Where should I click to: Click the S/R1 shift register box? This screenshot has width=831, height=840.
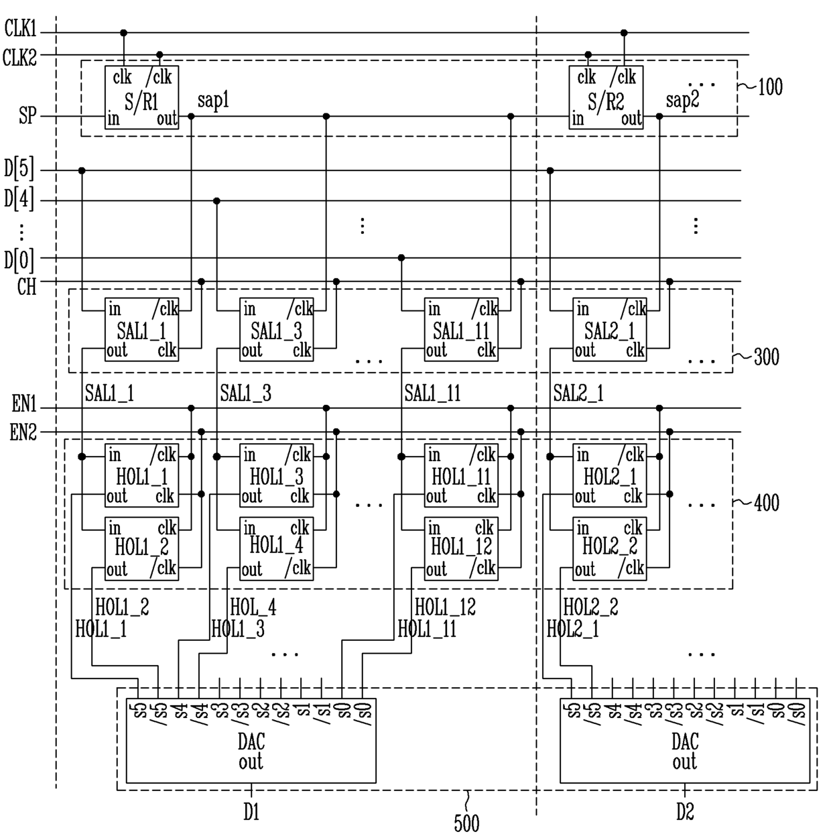coord(141,97)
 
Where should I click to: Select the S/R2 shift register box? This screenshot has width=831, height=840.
coord(606,97)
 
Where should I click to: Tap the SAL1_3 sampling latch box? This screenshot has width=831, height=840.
coord(276,330)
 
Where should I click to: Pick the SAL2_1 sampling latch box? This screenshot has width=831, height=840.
coord(609,330)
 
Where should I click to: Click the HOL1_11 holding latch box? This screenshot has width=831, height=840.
coord(461,475)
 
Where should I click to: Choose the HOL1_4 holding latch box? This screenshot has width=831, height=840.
coord(276,549)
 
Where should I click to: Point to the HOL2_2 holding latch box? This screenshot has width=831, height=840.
coord(609,549)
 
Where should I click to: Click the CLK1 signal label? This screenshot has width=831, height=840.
coord(20,29)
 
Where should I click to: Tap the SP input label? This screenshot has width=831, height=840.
coord(27,116)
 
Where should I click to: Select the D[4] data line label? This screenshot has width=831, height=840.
coord(19,199)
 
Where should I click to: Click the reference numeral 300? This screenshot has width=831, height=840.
coord(767,357)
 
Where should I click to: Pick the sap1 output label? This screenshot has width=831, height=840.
coord(213,101)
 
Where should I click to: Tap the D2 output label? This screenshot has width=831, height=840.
coord(685,811)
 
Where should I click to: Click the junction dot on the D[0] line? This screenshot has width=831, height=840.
coord(401,258)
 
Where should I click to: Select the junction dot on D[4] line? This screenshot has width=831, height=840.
coord(216,201)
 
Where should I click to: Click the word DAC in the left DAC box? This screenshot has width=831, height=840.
coord(251,741)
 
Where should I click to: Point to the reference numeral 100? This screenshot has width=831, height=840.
coord(770,86)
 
